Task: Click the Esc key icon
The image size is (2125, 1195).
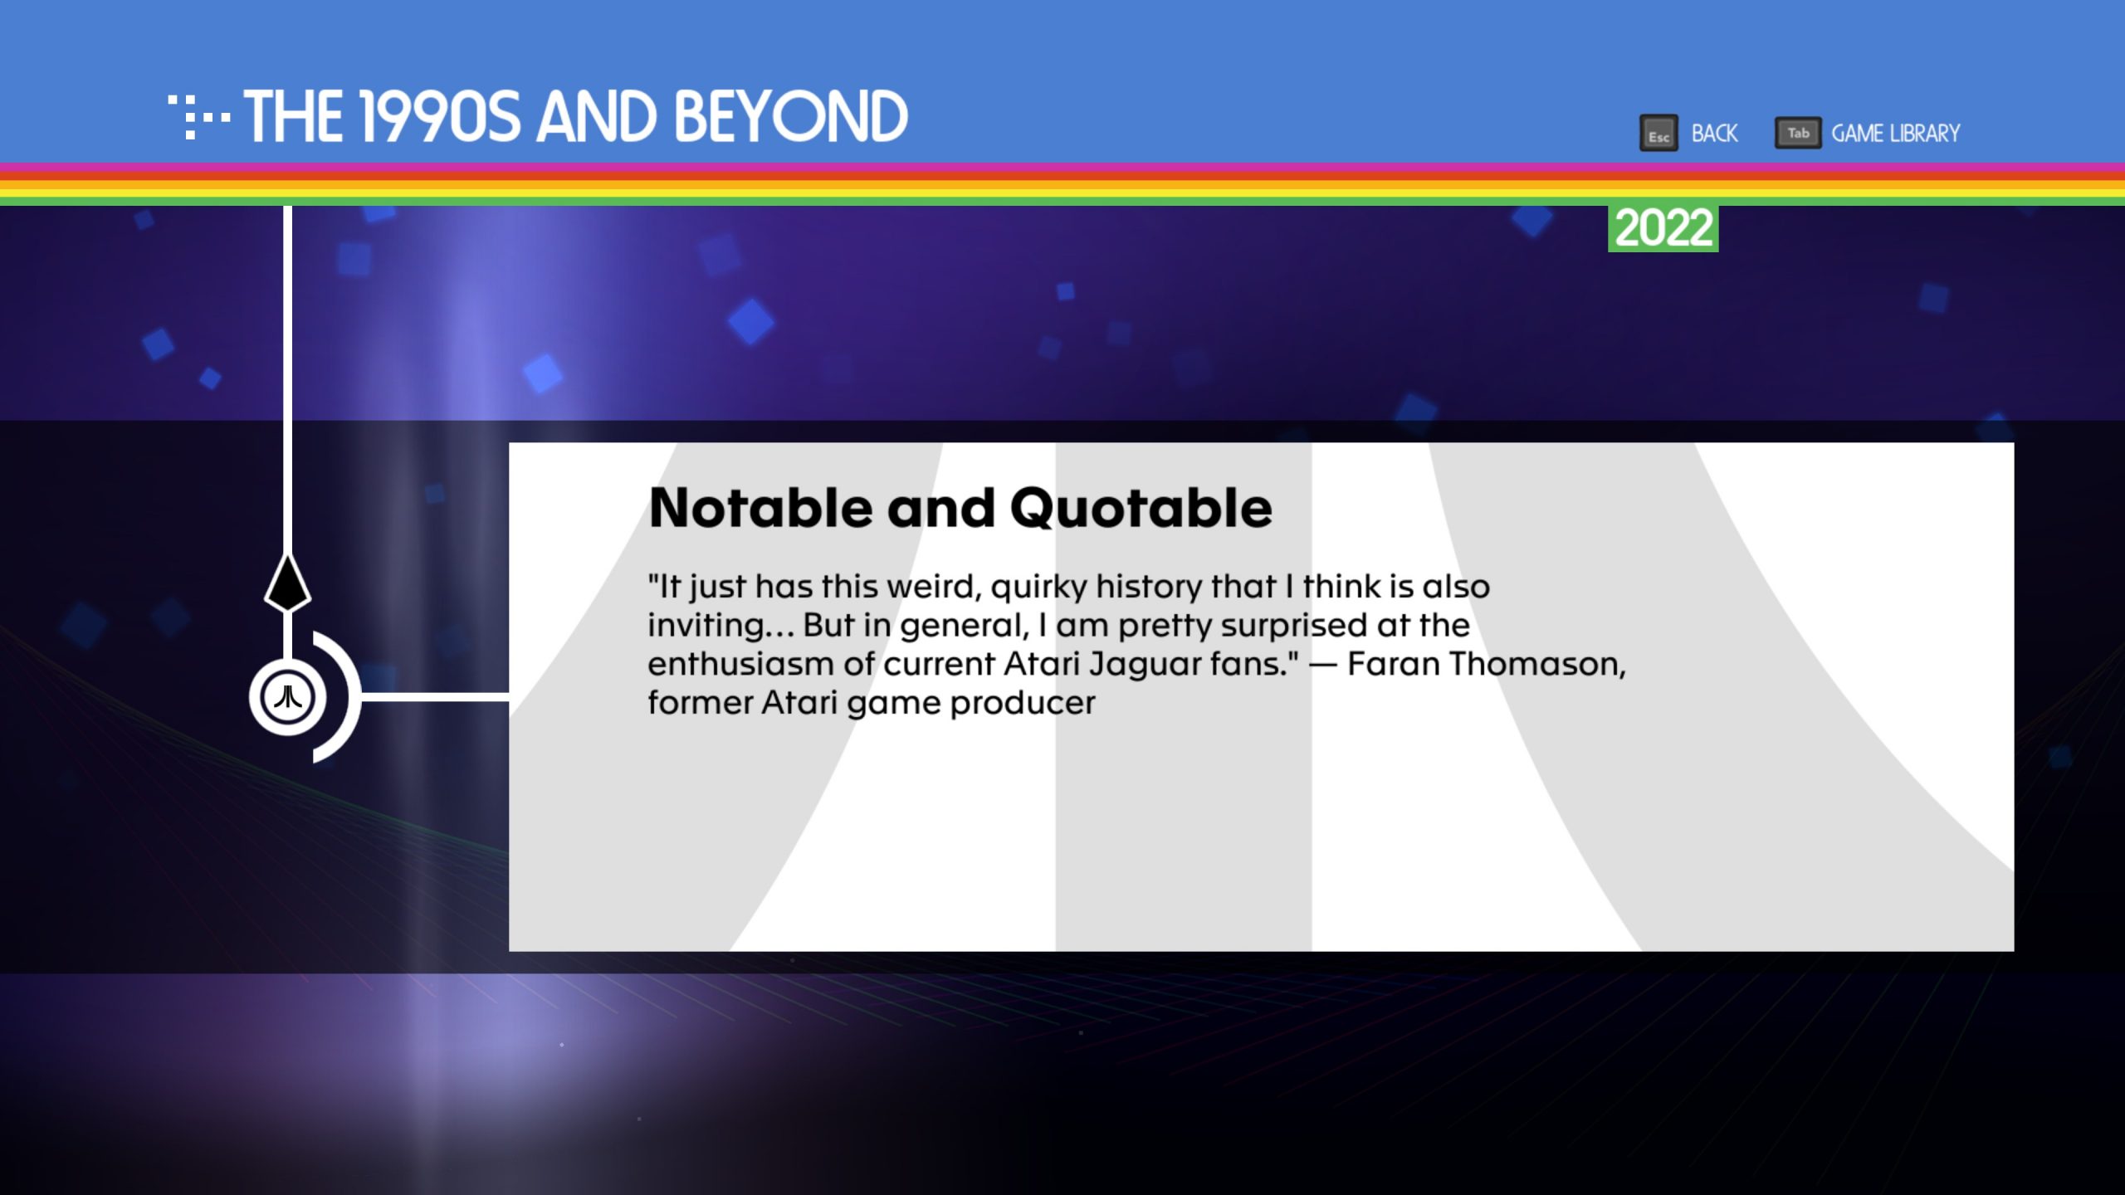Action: [1658, 133]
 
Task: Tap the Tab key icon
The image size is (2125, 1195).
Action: [1798, 133]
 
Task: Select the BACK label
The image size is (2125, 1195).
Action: [1714, 134]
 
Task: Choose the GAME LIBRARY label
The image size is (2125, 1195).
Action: [1896, 134]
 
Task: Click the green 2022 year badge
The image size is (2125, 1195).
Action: [1663, 228]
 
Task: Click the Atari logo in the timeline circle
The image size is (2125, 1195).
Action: [287, 697]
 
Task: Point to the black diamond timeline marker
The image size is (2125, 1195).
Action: [287, 583]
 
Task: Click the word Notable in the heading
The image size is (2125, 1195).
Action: [760, 508]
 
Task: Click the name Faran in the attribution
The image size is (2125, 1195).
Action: [1394, 664]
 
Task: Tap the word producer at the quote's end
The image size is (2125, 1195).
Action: [1023, 704]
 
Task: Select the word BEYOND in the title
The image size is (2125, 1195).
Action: [791, 116]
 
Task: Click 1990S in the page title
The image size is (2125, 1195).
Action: [440, 116]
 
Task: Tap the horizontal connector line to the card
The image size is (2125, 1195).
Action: [435, 697]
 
